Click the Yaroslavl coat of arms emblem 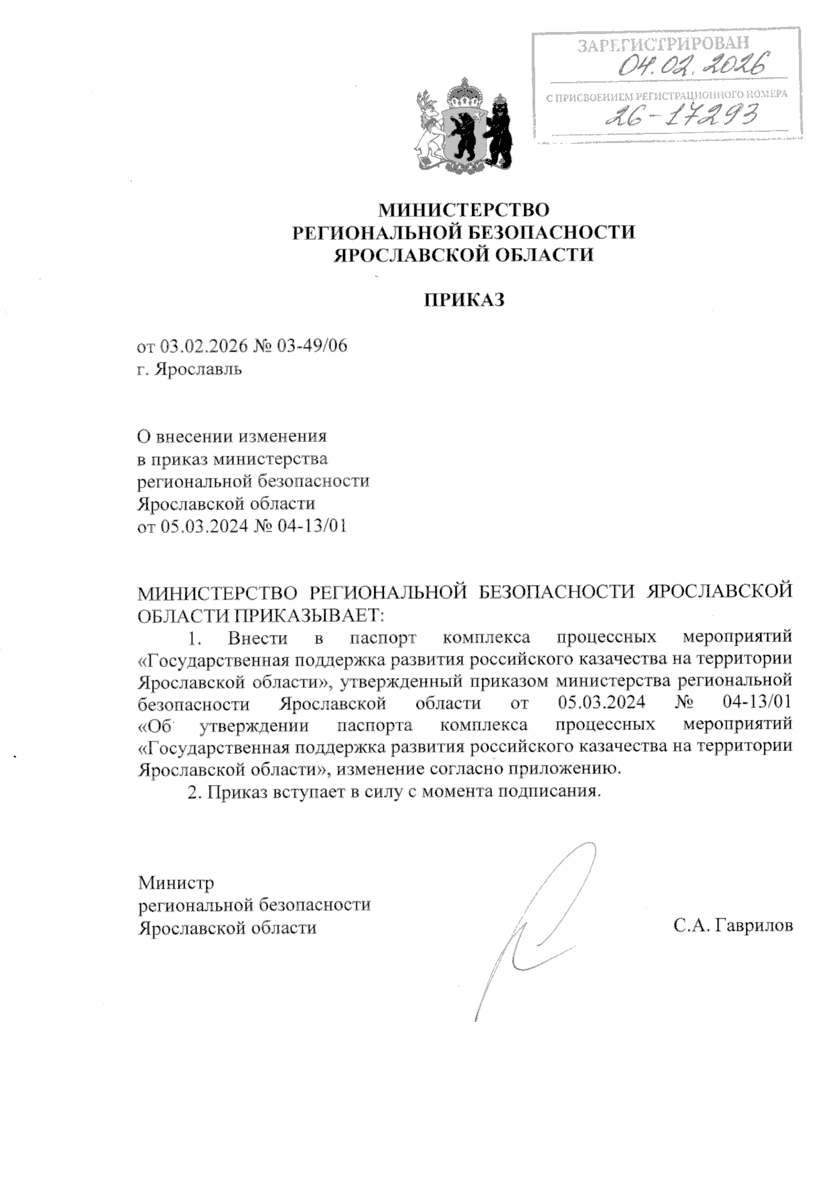point(462,128)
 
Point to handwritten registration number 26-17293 point(681,115)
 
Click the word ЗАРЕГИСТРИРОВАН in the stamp point(663,46)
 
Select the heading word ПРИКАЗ point(462,300)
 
